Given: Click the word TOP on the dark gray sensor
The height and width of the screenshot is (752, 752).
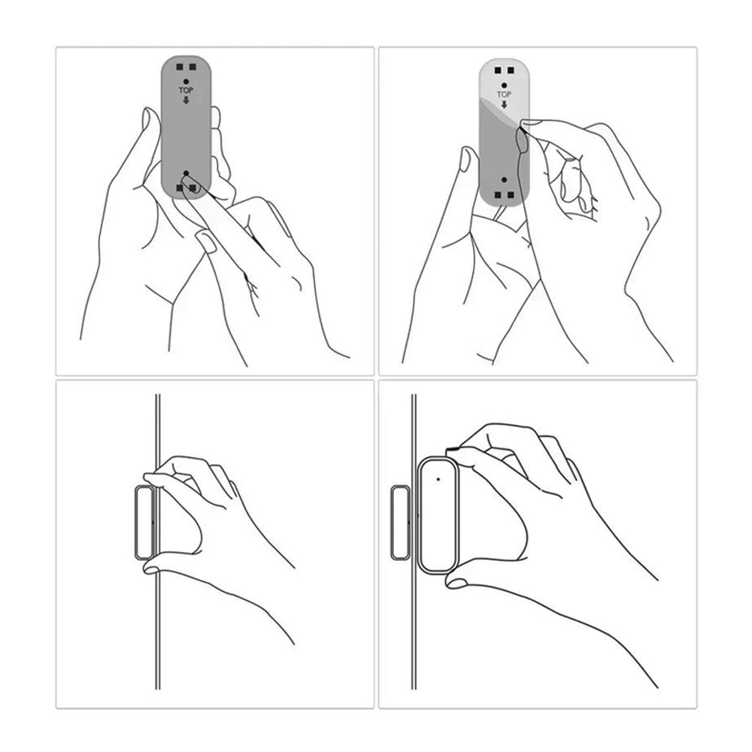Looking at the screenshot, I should click(x=186, y=89).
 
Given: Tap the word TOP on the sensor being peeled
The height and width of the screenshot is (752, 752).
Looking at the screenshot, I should click(x=504, y=95).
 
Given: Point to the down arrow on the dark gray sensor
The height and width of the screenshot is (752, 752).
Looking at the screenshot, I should click(x=186, y=100).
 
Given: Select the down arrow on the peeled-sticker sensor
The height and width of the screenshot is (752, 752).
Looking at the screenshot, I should click(x=504, y=105).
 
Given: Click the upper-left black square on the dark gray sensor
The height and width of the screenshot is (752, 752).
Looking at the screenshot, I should click(x=180, y=67).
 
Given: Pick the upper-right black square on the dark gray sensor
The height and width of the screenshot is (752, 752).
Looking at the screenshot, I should click(x=193, y=67).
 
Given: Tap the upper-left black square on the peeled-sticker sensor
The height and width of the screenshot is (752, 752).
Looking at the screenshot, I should click(x=498, y=70).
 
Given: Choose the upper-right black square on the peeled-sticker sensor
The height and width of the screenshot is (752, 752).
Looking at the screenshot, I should click(x=510, y=70).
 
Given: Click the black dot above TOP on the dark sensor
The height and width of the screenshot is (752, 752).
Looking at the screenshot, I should click(x=186, y=79).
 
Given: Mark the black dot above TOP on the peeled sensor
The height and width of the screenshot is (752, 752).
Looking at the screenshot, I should click(x=504, y=84).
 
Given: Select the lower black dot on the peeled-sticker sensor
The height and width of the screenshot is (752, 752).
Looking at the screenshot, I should click(x=503, y=181).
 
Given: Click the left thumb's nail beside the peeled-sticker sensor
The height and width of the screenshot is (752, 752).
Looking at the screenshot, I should click(x=467, y=159).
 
